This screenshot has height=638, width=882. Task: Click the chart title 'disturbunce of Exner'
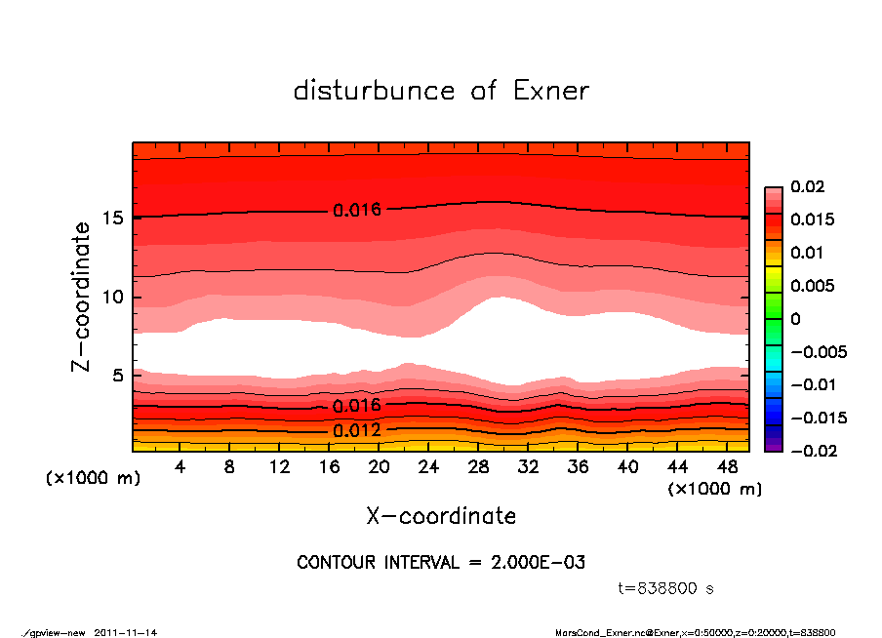441,91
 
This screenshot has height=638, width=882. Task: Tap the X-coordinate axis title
441,516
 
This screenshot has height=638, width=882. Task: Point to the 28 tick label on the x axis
479,467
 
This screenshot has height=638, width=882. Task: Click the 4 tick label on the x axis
180,467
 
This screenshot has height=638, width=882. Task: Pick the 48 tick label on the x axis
727,467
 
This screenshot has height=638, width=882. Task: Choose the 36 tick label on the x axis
578,467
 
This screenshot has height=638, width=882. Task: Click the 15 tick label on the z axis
113,218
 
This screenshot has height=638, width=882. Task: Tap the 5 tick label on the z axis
119,376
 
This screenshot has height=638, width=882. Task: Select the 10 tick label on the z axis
113,297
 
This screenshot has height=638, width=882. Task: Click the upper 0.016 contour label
356,210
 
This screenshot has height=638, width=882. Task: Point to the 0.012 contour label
356,430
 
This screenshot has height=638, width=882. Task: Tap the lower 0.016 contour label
356,405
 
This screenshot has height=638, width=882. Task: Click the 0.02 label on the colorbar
807,186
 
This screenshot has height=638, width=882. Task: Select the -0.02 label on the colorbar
811,451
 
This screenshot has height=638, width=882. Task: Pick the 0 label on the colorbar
795,319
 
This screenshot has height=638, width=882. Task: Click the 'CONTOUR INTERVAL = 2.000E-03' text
441,563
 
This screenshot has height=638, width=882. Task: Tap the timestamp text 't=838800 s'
666,588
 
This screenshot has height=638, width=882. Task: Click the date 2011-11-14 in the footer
126,632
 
